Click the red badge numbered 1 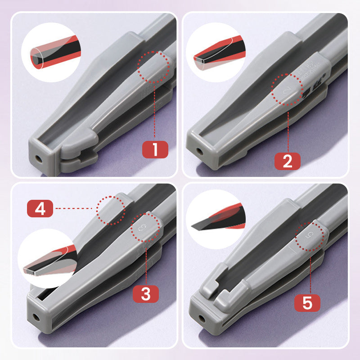click(x=155, y=149)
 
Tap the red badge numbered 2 click(x=288, y=161)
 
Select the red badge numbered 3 click(x=146, y=294)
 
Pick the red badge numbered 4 click(x=40, y=209)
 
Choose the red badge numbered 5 click(x=307, y=303)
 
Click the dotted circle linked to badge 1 click(x=154, y=67)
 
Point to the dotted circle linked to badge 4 click(x=111, y=209)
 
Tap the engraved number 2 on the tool click(x=287, y=90)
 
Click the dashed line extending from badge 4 click(x=75, y=209)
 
